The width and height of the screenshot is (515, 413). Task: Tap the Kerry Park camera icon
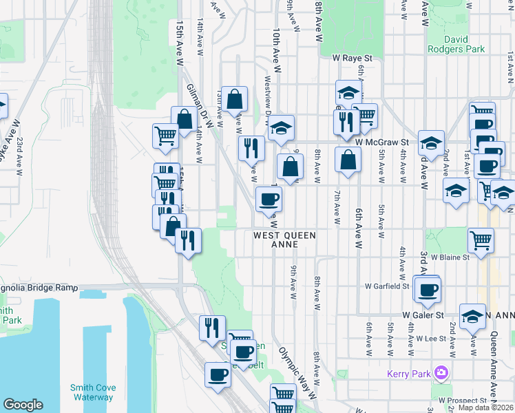441,374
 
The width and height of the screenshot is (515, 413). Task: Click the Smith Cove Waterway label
92,392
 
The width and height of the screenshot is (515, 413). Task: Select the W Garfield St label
387,285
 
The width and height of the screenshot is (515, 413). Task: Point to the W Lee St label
432,339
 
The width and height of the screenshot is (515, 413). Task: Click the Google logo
23,405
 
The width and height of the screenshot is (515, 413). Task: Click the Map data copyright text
486,408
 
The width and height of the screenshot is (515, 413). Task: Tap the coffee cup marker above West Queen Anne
269,199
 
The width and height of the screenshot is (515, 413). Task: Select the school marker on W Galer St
472,316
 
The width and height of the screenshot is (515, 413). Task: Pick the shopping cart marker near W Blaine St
481,240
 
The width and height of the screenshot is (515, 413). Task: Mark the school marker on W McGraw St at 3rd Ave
431,143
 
